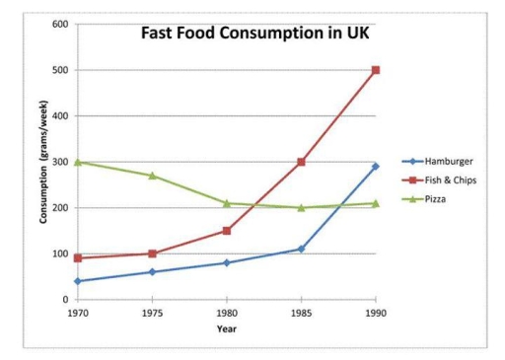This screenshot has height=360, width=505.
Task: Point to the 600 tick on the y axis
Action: click(60, 24)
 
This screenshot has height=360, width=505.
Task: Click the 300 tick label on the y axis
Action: click(60, 162)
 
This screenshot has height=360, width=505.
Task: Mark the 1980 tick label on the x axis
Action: click(226, 313)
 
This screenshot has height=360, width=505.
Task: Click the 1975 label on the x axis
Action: click(151, 313)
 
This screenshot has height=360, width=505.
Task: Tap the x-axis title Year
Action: click(226, 328)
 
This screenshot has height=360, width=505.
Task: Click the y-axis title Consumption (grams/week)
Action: click(43, 162)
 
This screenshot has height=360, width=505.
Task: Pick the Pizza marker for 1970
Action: click(76, 162)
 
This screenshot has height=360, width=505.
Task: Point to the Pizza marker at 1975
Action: click(151, 176)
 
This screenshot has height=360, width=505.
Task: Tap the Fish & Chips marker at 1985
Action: click(301, 162)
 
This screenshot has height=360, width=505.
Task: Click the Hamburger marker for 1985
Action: click(301, 249)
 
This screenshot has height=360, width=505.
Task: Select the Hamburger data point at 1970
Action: click(76, 281)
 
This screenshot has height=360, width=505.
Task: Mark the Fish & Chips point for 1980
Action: click(226, 231)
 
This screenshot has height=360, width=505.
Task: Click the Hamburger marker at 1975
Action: click(151, 272)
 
